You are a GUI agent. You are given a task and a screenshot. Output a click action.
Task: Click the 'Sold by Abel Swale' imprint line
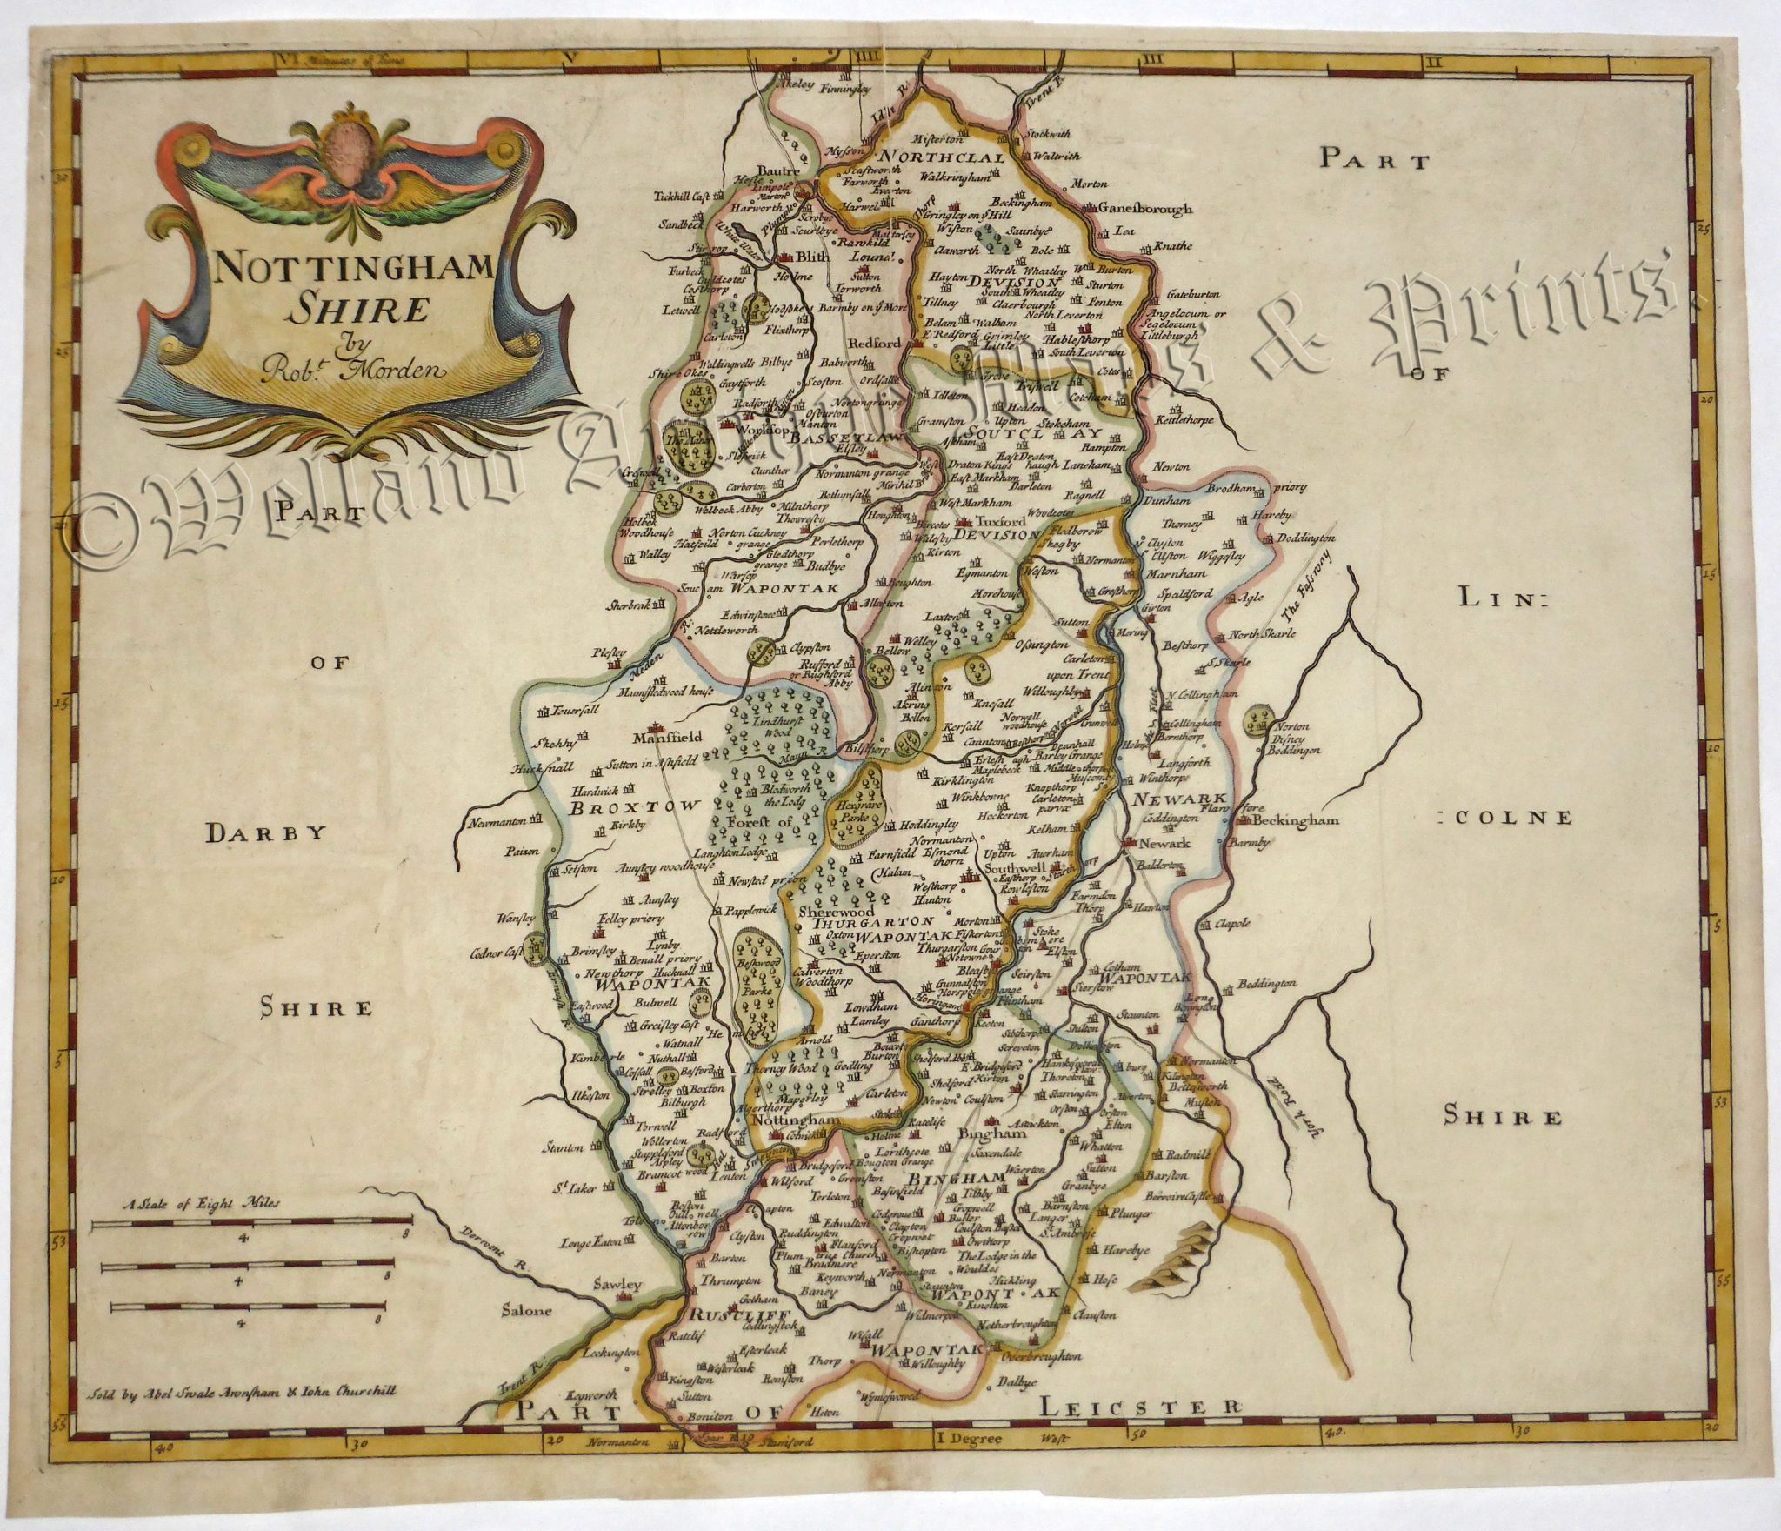point(243,1414)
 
